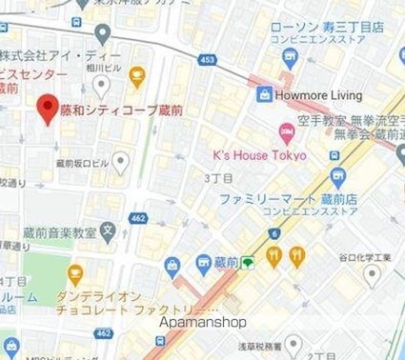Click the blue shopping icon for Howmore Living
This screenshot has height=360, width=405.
point(263,94)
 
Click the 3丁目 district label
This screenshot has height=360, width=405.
point(219,178)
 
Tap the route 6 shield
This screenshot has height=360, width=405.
point(274,232)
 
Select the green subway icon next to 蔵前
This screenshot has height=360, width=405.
point(248,261)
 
